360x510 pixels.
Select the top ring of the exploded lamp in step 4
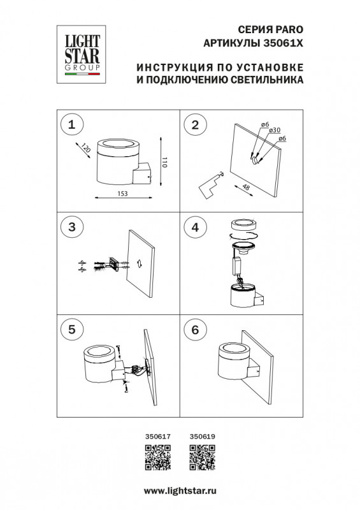(x=243, y=224)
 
